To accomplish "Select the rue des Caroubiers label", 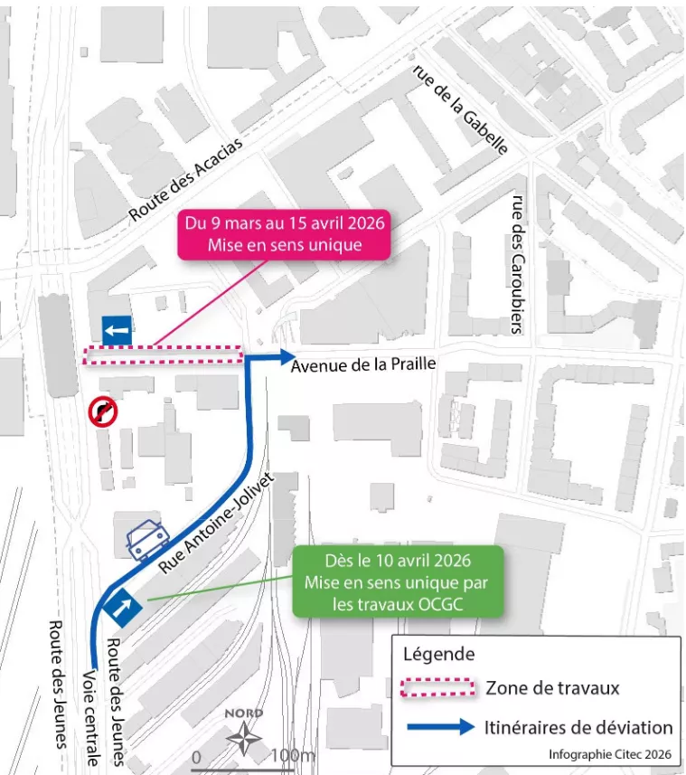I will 518,265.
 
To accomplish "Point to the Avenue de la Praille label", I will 363,365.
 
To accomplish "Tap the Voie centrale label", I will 89,717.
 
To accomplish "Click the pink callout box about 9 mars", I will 284,234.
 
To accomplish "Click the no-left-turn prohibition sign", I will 102,412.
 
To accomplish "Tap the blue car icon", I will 145,541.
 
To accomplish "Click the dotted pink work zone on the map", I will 164,354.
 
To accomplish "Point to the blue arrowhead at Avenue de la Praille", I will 285,355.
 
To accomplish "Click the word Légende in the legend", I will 438,654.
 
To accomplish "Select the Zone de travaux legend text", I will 552,688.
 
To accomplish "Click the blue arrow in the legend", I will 440,727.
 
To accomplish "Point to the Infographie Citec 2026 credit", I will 611,753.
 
